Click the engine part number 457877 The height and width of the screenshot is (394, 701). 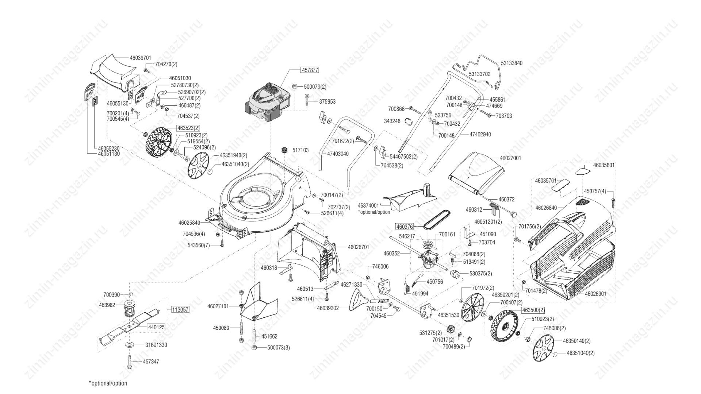coord(309,70)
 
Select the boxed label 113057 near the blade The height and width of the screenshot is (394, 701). coord(180,310)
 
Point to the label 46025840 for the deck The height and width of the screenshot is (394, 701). coord(189,223)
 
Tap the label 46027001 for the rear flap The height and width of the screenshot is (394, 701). coord(510,158)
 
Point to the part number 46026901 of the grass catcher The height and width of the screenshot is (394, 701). coord(595,293)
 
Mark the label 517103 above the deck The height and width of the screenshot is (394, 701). coord(300,150)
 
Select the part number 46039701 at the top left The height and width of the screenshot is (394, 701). coord(140,58)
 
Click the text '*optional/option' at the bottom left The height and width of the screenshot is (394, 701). coord(108,383)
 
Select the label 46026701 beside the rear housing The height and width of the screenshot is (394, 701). coord(358,247)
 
